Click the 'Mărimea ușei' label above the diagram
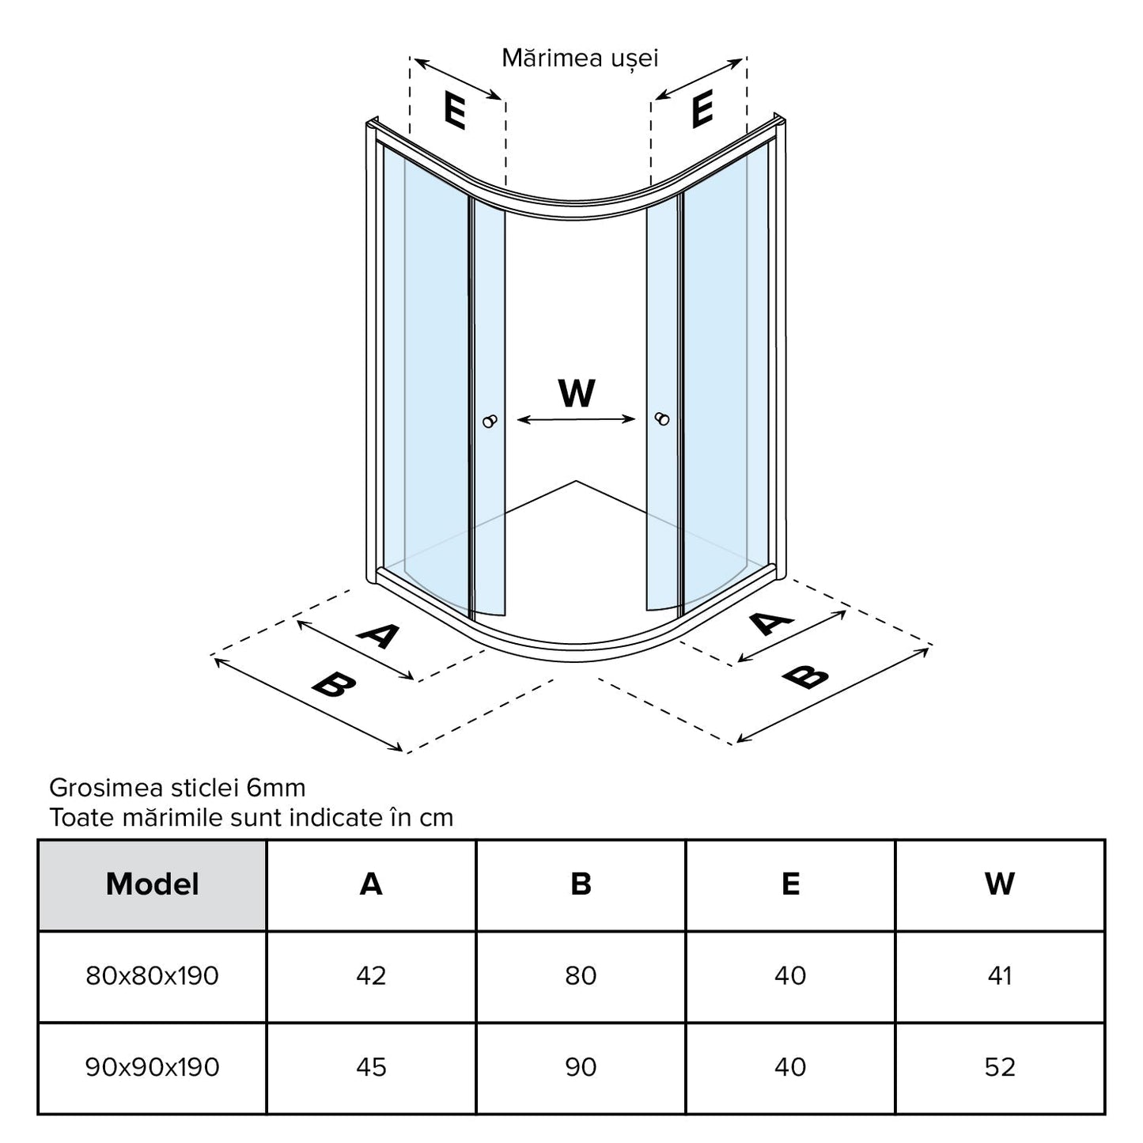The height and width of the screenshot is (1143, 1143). point(580,59)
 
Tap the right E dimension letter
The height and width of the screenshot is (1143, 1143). point(702,109)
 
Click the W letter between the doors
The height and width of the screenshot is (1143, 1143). point(577,392)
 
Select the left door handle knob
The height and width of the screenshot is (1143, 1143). point(491,421)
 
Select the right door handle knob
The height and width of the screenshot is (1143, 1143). point(662,419)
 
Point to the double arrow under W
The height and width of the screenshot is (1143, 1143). point(577,420)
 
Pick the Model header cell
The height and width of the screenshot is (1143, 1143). point(153,884)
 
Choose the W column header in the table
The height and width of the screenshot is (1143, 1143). point(1000,884)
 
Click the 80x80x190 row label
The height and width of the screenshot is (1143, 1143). point(153,976)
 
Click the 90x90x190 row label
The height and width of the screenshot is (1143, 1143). point(153,1067)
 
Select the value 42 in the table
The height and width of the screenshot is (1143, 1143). point(371,976)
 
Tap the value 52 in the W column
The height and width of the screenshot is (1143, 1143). point(1000,1067)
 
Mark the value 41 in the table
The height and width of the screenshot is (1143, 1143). point(1000,976)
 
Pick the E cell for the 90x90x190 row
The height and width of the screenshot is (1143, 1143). point(790,1067)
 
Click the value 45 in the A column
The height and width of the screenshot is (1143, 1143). point(371,1067)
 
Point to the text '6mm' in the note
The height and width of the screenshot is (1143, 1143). point(276,788)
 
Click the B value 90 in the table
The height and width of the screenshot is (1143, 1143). point(581,1067)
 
